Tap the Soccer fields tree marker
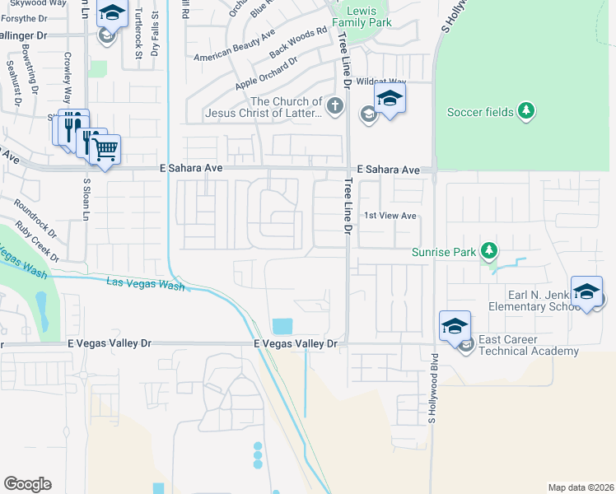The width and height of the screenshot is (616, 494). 527,111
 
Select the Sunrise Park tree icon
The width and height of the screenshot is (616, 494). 489,249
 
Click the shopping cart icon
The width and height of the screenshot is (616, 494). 105,150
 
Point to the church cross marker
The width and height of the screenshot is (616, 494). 335,105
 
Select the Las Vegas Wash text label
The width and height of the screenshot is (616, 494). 146,284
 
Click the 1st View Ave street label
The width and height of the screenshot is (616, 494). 391,216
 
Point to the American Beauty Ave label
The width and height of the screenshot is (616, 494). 235,49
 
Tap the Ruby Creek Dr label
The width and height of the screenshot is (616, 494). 38,243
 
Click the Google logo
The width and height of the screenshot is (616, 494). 27,484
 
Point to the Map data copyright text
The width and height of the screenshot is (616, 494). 581,487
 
